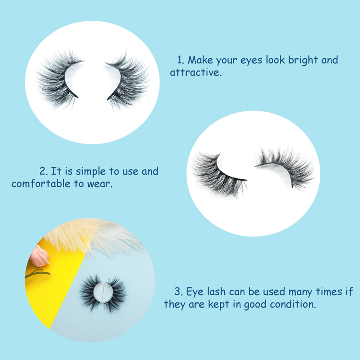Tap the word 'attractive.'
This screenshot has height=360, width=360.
point(196,72)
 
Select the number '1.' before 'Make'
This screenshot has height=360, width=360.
point(181,60)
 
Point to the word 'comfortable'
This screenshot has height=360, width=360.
point(41,184)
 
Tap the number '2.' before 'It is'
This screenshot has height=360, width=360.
point(43,171)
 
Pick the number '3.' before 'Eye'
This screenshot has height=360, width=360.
point(179,292)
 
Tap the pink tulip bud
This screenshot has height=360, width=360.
point(39,256)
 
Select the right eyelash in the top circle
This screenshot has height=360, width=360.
point(128,81)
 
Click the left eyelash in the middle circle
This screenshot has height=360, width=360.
point(218,175)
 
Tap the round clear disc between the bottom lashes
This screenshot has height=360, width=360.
point(103,292)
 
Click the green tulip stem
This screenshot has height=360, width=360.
point(37,273)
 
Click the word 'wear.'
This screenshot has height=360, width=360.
point(100,184)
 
